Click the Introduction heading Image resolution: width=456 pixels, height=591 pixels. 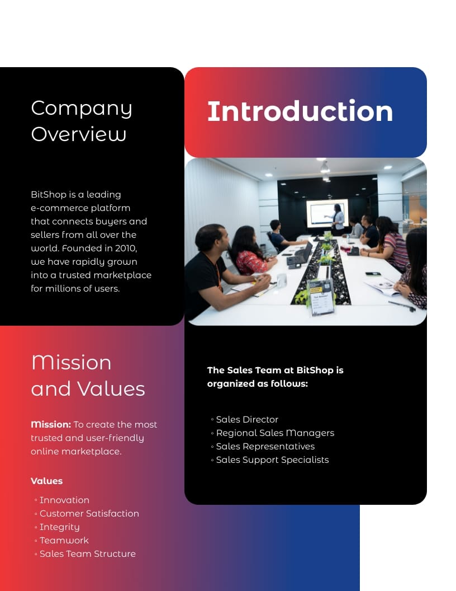tap(300, 111)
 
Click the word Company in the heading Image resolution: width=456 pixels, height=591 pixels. tap(82, 109)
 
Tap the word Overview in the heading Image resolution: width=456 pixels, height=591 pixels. tap(79, 134)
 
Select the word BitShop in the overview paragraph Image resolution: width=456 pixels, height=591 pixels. tap(49, 195)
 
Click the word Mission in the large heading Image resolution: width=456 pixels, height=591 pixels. tap(72, 363)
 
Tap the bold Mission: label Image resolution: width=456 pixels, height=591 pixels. tap(51, 424)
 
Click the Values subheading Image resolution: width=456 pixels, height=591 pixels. tap(46, 481)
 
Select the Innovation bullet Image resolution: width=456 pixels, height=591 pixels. tap(64, 500)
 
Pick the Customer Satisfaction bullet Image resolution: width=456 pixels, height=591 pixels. tap(89, 514)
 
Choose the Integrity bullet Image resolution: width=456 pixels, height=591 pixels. tap(59, 527)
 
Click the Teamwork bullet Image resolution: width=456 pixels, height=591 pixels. tap(64, 541)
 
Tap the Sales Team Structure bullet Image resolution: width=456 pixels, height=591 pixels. tap(87, 554)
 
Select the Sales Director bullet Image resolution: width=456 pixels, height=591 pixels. tap(247, 420)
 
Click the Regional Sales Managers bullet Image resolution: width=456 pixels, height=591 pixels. tap(275, 433)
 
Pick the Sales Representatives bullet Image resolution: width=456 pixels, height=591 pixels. tap(265, 447)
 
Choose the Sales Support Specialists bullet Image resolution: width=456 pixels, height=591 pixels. tap(272, 460)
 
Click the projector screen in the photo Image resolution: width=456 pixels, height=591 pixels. tap(327, 213)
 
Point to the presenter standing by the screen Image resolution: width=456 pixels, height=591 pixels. tap(338, 219)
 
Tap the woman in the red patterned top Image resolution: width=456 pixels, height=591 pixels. tap(250, 255)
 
